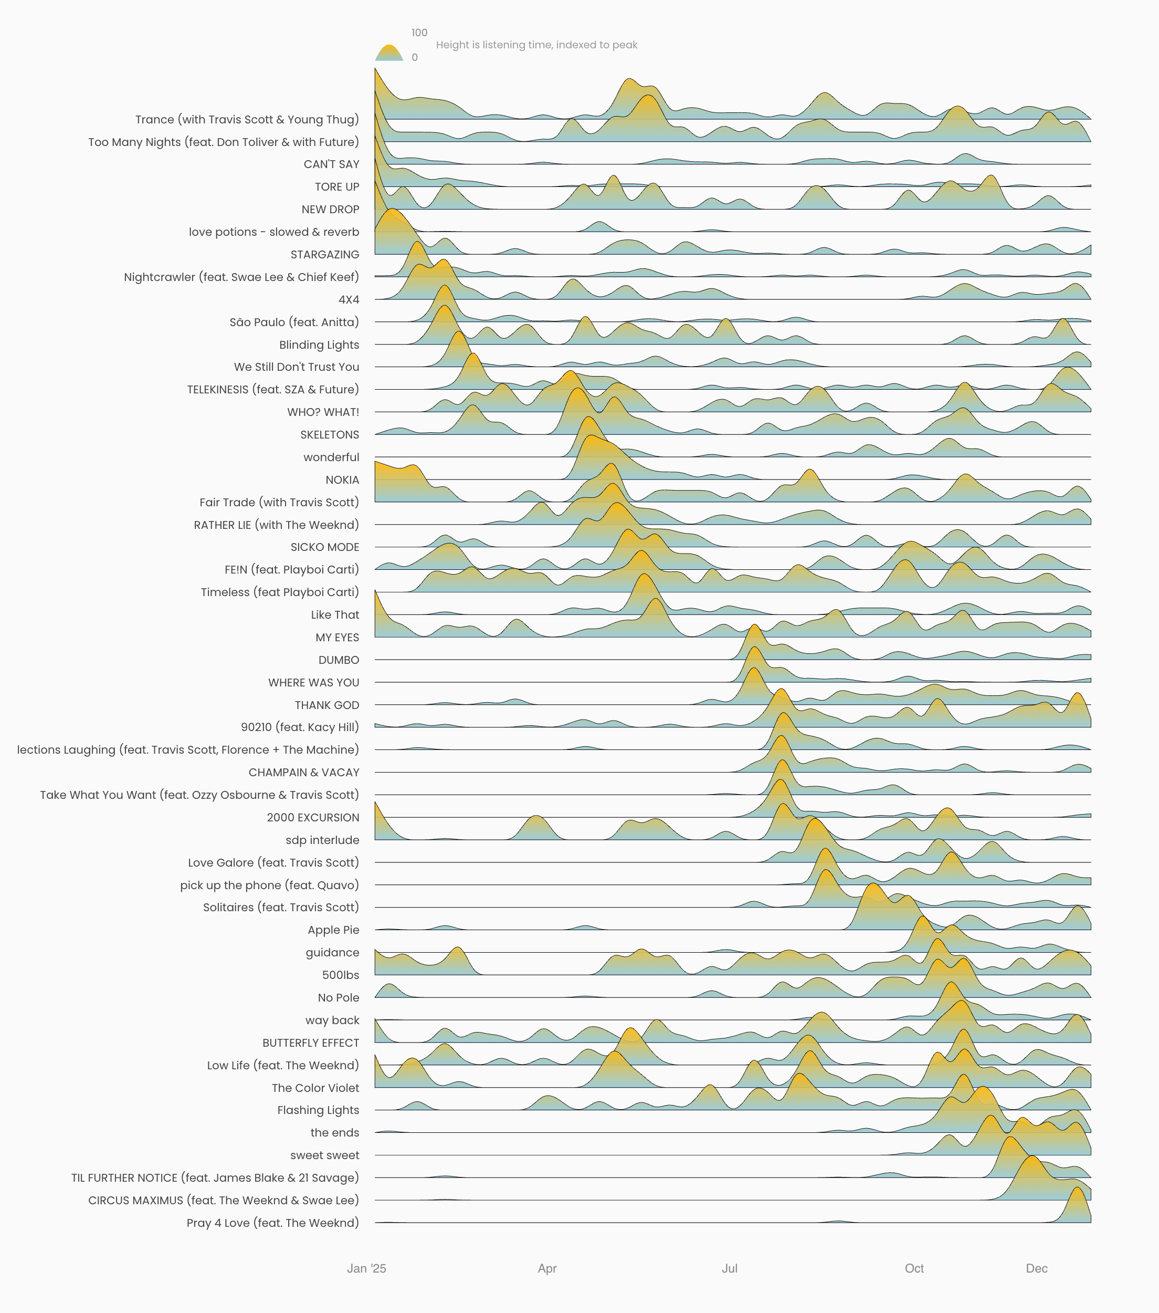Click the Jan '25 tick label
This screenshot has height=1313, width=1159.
pos(366,1268)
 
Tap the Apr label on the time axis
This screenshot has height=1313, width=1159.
pos(547,1268)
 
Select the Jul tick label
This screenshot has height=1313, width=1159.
pos(730,1268)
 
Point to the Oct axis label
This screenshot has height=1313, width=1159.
pos(914,1268)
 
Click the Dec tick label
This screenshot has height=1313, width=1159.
pos(1036,1268)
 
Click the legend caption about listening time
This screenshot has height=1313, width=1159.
pos(536,45)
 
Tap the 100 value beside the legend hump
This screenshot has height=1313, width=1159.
pos(419,33)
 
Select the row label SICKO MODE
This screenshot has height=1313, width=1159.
pos(324,547)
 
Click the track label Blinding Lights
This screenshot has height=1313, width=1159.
pos(319,345)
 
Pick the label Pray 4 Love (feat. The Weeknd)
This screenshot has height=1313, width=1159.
pos(272,1223)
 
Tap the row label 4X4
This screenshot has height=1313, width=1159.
pos(349,300)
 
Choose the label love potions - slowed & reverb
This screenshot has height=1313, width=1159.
pos(273,232)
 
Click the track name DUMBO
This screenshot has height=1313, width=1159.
pos(339,660)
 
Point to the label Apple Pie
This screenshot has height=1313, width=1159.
pos(333,930)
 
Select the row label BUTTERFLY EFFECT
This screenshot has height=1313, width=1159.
pos(310,1043)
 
